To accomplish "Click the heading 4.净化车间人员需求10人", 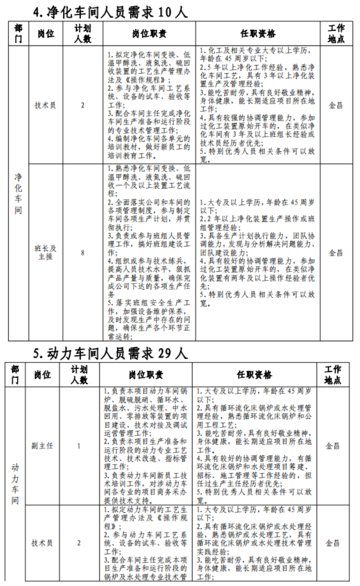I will tap(111, 11).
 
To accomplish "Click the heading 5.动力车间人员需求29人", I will tap(111, 353).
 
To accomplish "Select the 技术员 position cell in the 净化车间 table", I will tap(45, 105).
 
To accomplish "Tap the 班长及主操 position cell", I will tap(45, 253).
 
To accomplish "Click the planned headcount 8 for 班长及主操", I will tap(82, 253).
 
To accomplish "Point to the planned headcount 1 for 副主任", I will tap(79, 446).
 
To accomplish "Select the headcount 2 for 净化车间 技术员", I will tap(82, 105).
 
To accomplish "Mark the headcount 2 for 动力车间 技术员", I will tap(79, 543).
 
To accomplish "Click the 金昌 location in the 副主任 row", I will tap(333, 446).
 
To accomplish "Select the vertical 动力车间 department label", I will tap(15, 483).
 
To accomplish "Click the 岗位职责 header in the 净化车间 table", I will tap(149, 33).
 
